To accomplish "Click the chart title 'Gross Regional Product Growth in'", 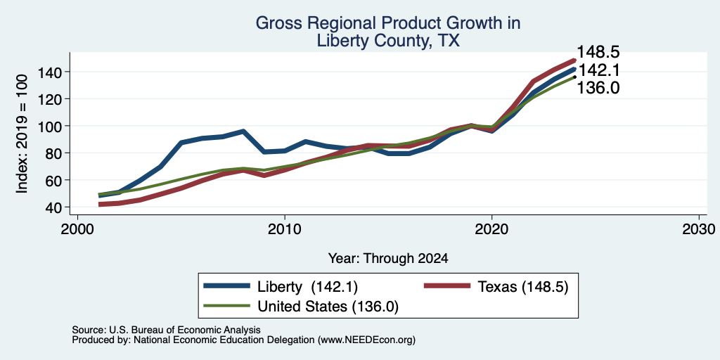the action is tap(388, 23).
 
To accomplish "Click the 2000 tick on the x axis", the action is tap(77, 229).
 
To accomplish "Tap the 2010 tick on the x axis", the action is tap(285, 229).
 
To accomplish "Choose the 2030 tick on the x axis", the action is tap(699, 229).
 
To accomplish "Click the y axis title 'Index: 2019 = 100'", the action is tap(22, 134).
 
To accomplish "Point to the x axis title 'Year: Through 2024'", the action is tap(388, 259).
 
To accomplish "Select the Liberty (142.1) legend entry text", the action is tap(307, 287).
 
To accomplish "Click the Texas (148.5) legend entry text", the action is tap(523, 287).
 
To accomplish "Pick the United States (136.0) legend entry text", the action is tap(328, 307).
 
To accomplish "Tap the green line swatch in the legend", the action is tap(227, 306).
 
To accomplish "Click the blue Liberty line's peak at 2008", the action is tap(243, 131).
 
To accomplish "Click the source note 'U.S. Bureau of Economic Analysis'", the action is tap(185, 330).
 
